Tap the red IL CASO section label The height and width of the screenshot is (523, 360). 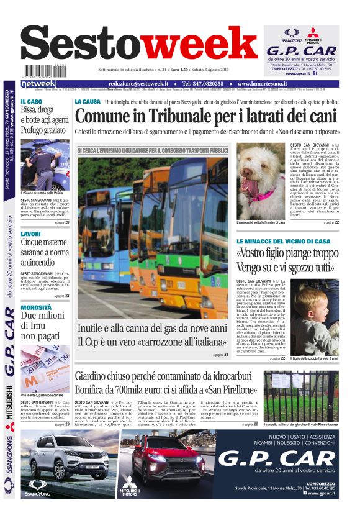coord(32,102)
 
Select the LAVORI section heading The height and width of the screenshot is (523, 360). coord(31,234)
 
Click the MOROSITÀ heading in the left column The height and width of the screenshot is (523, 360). coord(36,307)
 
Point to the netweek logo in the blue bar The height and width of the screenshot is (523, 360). coord(38,84)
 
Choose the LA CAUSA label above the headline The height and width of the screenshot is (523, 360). coord(87,102)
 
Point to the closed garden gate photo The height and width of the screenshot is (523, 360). coord(300,396)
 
